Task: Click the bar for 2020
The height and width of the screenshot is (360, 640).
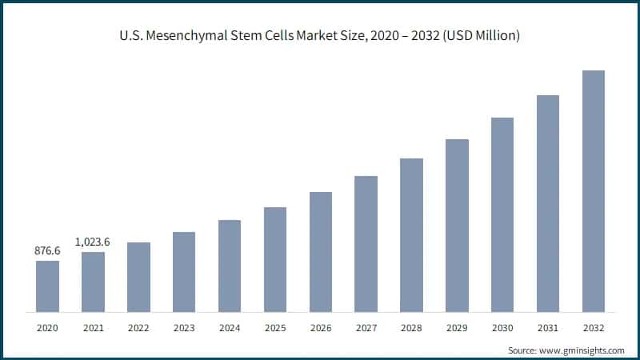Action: coord(47,286)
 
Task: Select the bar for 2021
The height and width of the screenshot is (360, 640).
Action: coord(93,282)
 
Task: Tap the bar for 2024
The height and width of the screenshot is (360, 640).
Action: coord(230,266)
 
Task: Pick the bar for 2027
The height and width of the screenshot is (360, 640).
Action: coord(366,243)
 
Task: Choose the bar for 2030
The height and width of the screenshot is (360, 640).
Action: coord(502,214)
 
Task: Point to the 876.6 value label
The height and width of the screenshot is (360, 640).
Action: coord(47,251)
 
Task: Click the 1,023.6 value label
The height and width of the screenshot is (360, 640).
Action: coord(93,242)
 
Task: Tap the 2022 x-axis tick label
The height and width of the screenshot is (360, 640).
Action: coord(138,328)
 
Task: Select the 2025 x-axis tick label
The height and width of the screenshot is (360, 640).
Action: coord(275,328)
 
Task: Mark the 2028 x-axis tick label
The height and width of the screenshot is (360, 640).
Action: coord(411,328)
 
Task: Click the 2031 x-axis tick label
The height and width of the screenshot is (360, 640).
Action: coord(548,328)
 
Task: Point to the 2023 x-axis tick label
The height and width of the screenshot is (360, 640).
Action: coord(184,328)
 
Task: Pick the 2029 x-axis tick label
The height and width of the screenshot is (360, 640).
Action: coord(457,328)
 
